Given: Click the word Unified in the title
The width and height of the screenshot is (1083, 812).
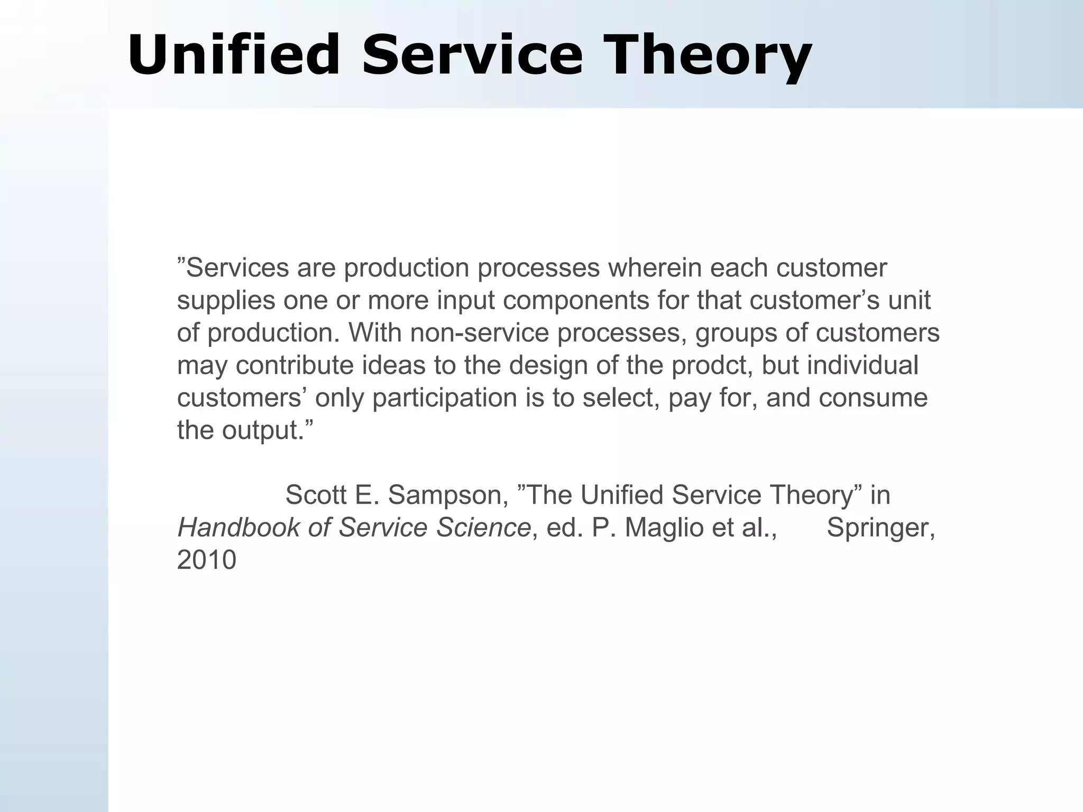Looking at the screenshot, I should (233, 56).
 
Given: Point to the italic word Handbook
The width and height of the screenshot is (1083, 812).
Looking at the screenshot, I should (238, 528).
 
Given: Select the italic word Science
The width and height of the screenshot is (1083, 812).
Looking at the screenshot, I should (483, 528).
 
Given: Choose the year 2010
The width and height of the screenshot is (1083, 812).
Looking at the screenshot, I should (206, 560).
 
